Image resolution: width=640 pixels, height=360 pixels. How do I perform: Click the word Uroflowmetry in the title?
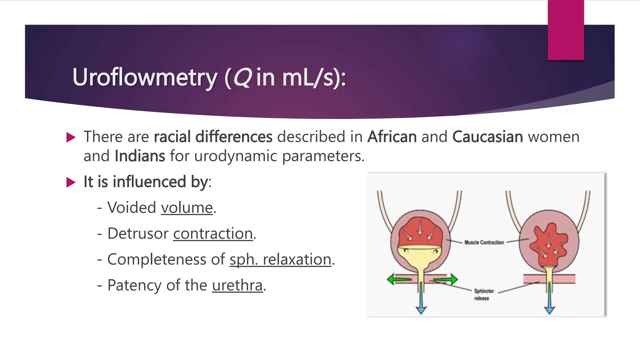click(145, 77)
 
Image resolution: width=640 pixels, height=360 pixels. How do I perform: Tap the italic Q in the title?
click(242, 77)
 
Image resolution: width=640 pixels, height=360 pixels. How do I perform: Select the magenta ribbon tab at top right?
click(566, 30)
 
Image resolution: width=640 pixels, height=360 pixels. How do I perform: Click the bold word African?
click(392, 137)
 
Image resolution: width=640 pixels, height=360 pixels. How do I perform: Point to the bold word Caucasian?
click(487, 137)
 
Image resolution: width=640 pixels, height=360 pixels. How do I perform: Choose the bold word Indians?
click(140, 156)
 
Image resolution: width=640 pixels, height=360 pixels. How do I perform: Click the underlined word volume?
click(187, 208)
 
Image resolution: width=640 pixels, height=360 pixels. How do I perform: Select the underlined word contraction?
click(213, 234)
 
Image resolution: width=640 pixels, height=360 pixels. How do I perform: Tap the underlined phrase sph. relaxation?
click(280, 260)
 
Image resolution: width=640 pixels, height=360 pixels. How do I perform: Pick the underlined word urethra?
click(237, 285)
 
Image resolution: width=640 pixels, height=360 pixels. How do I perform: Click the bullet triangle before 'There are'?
click(71, 137)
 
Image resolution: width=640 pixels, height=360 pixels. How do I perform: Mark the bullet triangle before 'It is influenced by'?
click(71, 182)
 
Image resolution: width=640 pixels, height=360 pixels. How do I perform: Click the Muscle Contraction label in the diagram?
click(484, 242)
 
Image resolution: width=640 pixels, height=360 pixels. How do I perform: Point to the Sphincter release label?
click(483, 294)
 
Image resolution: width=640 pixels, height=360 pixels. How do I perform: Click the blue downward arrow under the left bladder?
click(421, 300)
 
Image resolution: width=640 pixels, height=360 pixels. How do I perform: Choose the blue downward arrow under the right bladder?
click(549, 300)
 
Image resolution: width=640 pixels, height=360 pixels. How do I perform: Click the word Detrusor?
click(138, 234)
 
